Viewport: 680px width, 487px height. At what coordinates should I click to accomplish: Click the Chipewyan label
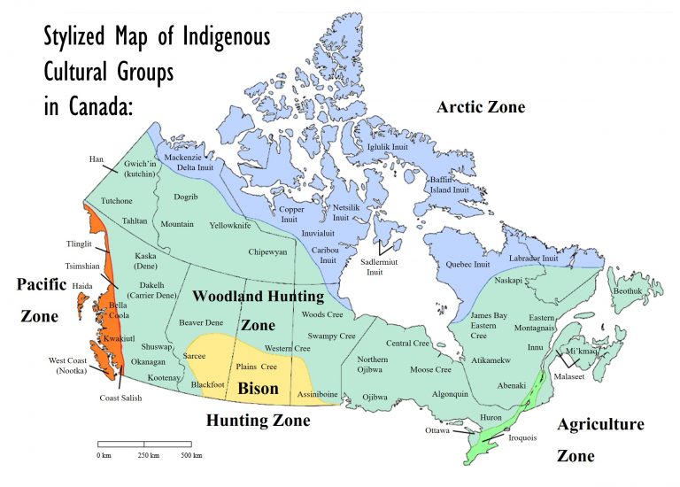[x=267, y=252]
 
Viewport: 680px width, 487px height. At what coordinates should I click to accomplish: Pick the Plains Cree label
[x=257, y=366]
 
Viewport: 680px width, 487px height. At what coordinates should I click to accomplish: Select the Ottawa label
[x=437, y=432]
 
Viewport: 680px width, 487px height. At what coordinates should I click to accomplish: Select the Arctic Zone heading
[x=481, y=107]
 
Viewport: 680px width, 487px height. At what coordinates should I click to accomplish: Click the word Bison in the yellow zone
[x=258, y=388]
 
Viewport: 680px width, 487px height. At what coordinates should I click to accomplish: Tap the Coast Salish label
[x=120, y=398]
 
